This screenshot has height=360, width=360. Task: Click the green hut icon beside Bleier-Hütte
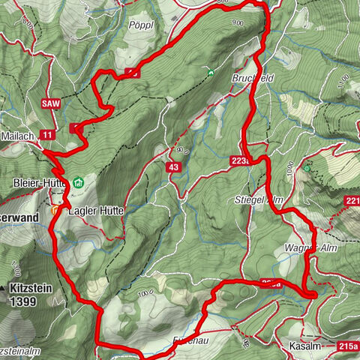pos(79,181)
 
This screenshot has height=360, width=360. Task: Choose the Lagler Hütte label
pos(96,211)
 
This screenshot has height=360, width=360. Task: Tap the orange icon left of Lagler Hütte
pos(55,211)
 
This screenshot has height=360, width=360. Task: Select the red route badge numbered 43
pos(174,166)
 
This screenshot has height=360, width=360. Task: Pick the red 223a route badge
pos(242,159)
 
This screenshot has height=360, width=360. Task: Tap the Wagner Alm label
pos(306,247)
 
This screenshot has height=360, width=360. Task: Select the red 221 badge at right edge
pos(353,200)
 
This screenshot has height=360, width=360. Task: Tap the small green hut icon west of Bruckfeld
pos(212,73)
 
